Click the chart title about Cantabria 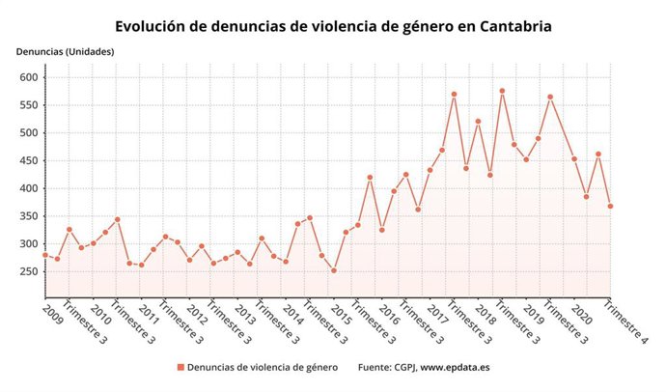point(333,26)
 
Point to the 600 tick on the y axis point(27,77)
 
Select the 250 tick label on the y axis point(27,272)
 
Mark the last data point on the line point(611,206)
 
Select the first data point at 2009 point(45,255)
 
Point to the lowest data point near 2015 point(334,270)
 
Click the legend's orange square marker point(180,367)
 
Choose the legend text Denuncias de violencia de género point(263,367)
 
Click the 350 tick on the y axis point(27,216)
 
